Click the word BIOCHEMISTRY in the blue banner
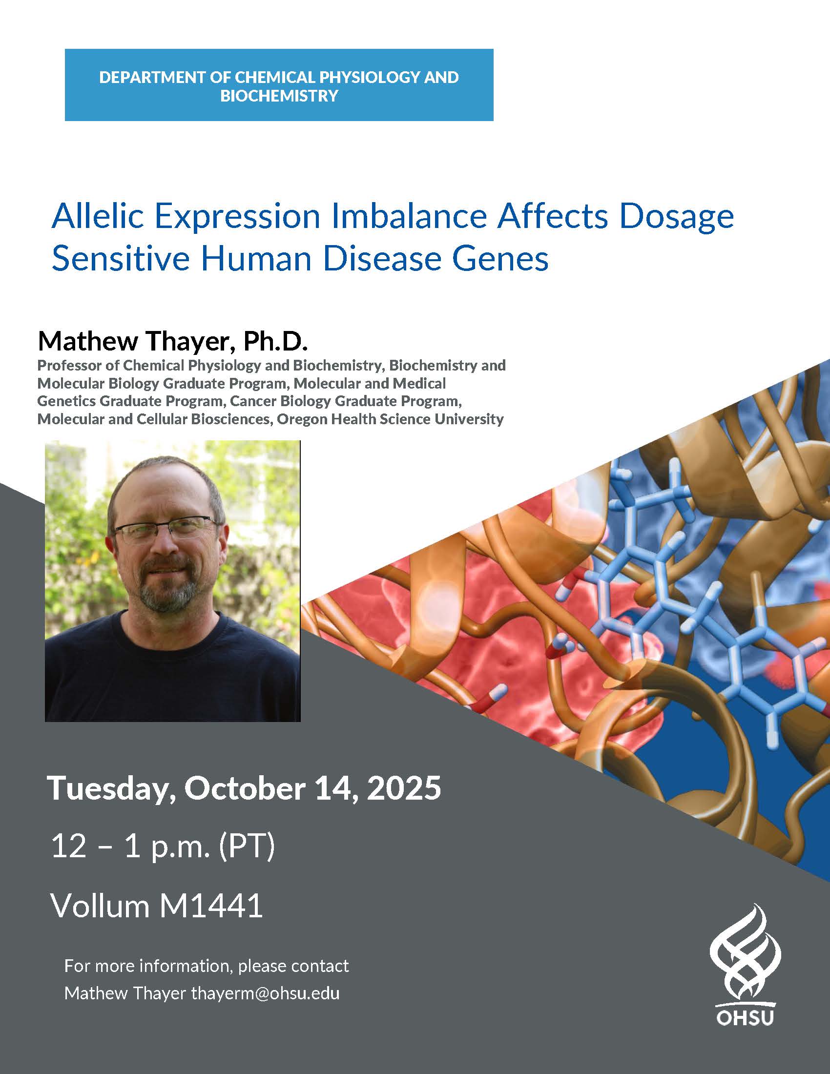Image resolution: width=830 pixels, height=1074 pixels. (x=279, y=95)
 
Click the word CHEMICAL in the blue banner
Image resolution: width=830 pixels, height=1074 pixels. (x=276, y=77)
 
